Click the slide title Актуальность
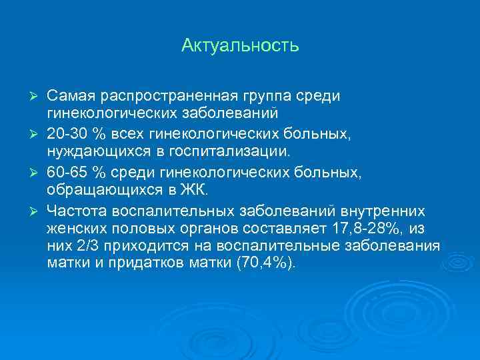[240, 47]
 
